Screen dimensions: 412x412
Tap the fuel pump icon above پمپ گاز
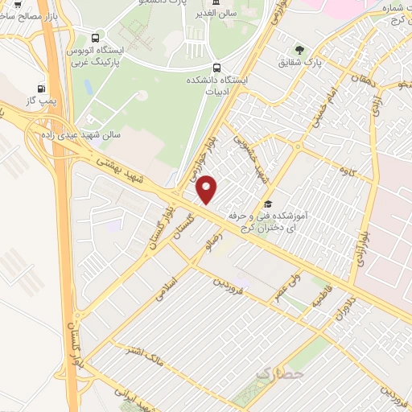pos(42,89)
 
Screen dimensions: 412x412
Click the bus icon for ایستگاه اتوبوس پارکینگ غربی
pos(97,37)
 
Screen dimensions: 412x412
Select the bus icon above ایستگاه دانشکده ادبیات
pos(216,68)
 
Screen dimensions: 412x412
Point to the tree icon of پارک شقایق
pos(301,51)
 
